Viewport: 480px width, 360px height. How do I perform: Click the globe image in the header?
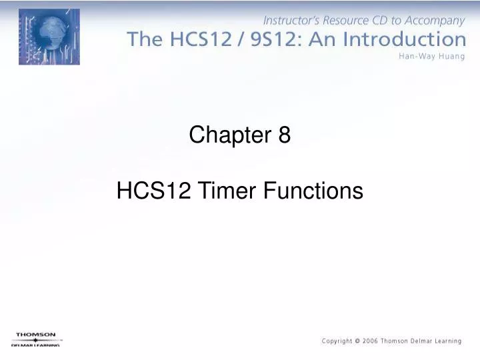point(49,37)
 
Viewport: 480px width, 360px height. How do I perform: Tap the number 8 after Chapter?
point(285,135)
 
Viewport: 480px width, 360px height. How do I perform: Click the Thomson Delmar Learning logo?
point(36,339)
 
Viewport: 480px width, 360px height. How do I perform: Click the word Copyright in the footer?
point(337,341)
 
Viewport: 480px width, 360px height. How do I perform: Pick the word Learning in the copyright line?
point(449,341)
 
